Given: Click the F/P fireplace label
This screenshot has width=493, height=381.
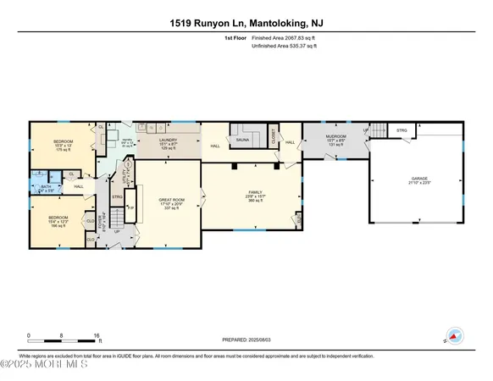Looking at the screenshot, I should [131, 207].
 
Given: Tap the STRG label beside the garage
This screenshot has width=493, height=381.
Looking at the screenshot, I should [402, 131].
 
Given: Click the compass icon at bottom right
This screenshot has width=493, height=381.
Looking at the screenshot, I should [453, 336].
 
